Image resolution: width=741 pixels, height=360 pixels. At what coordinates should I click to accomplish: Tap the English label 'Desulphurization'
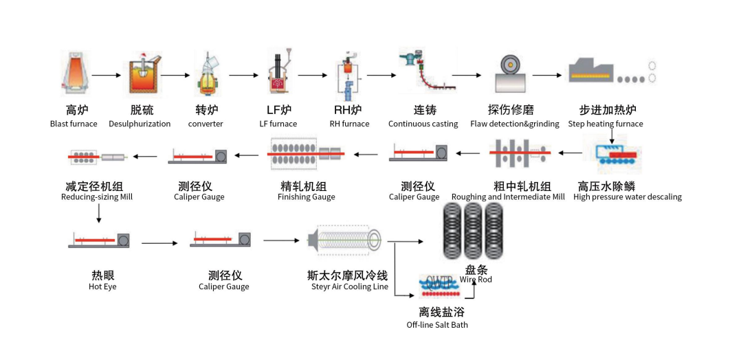140,124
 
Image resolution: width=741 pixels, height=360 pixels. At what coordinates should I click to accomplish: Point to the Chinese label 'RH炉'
349,110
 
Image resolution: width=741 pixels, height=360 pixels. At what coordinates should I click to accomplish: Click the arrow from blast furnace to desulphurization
106,74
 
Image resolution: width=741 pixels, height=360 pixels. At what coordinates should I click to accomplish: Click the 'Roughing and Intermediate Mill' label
508,197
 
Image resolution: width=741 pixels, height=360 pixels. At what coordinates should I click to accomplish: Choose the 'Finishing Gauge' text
307,197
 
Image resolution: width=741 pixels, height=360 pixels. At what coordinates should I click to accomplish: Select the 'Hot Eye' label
102,286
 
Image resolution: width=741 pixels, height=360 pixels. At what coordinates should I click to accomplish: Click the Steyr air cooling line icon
345,240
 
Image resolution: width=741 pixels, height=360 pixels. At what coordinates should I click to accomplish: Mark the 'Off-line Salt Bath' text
437,324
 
